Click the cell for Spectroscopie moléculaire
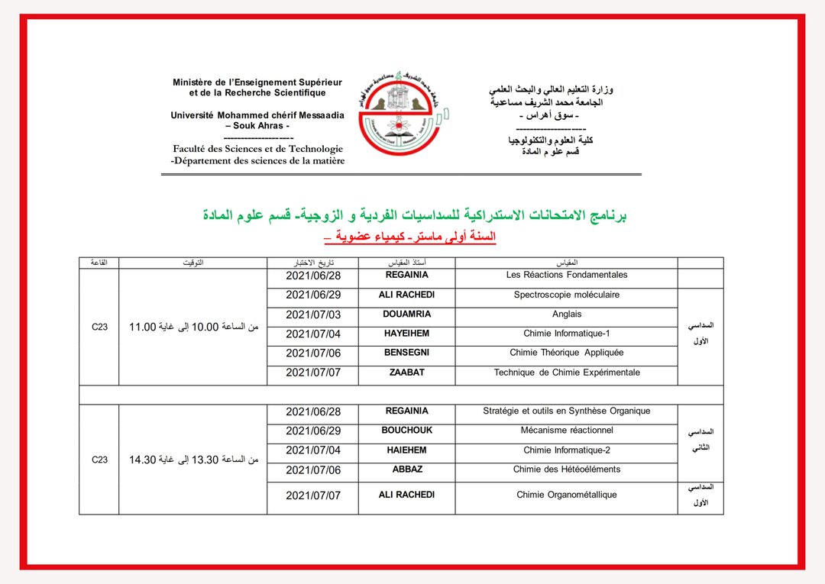566,295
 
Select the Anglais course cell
566,314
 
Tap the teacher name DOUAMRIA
406,314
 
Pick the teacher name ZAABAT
406,373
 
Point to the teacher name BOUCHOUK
406,431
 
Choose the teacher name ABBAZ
406,469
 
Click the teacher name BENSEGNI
406,353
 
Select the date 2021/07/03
313,315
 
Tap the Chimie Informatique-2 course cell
566,450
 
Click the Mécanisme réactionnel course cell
566,431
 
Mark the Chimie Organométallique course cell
566,495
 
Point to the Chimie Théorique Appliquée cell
566,353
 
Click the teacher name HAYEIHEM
406,334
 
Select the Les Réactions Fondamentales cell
566,275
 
